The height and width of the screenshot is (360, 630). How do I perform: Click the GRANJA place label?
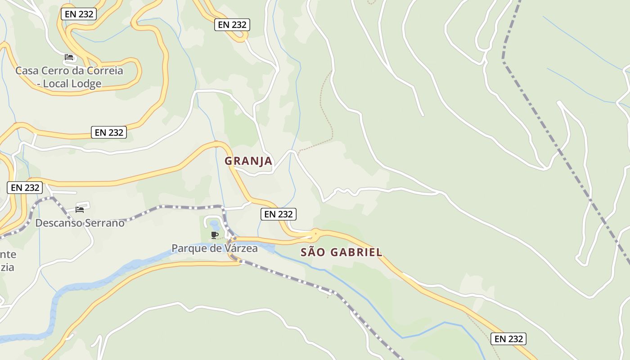(248, 161)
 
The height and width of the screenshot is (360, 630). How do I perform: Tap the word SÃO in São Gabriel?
(312, 252)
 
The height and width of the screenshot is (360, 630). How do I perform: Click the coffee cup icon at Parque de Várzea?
(215, 235)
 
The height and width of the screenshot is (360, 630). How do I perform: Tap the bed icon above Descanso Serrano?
(80, 209)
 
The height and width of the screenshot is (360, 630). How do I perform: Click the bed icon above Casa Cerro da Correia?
(69, 57)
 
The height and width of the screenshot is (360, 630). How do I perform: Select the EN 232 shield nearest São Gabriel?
(279, 214)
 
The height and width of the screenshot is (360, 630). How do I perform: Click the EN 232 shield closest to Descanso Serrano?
(25, 187)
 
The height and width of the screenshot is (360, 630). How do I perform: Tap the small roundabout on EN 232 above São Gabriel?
(315, 234)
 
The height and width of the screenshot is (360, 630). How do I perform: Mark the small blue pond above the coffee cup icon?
(214, 224)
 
